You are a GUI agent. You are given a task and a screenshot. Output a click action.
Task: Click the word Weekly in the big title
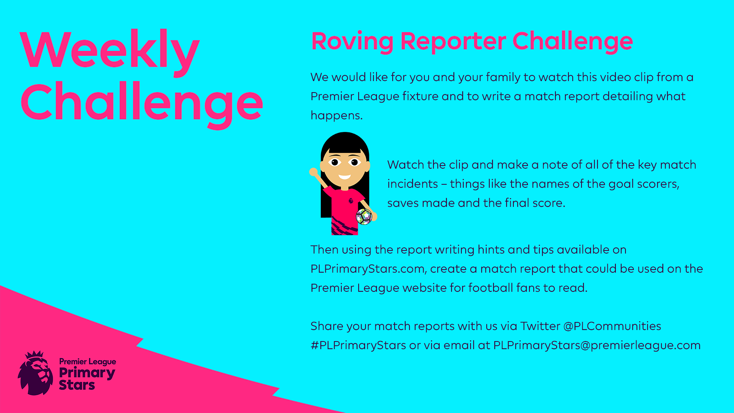pyautogui.click(x=110, y=52)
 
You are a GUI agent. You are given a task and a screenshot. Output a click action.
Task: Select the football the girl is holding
pyautogui.click(x=364, y=217)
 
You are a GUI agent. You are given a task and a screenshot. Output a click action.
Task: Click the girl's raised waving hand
pyautogui.click(x=313, y=172)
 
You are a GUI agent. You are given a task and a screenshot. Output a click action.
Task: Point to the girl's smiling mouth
pyautogui.click(x=344, y=177)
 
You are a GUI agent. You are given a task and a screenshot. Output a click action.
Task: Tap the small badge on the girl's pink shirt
pyautogui.click(x=351, y=200)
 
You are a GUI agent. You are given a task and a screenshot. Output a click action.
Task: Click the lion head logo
pyautogui.click(x=36, y=373)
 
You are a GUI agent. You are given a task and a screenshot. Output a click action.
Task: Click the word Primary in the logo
pyautogui.click(x=87, y=373)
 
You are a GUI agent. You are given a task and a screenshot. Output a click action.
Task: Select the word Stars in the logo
pyautogui.click(x=77, y=385)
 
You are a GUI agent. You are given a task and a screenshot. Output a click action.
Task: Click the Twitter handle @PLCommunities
pyautogui.click(x=612, y=326)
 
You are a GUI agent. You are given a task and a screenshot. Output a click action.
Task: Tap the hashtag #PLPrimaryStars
pyautogui.click(x=358, y=345)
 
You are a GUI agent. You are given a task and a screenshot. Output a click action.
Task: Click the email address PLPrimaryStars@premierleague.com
pyautogui.click(x=597, y=345)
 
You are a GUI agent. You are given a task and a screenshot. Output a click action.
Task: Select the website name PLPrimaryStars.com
pyautogui.click(x=368, y=269)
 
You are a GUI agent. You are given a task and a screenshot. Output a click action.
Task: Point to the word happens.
pyautogui.click(x=336, y=116)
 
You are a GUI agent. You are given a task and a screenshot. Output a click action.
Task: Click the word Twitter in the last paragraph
pyautogui.click(x=540, y=326)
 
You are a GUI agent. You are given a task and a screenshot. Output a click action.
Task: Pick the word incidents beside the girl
pyautogui.click(x=412, y=184)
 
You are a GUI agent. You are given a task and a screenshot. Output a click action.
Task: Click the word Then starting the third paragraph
pyautogui.click(x=325, y=250)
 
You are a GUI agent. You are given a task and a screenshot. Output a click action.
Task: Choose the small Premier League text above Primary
pyautogui.click(x=88, y=362)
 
